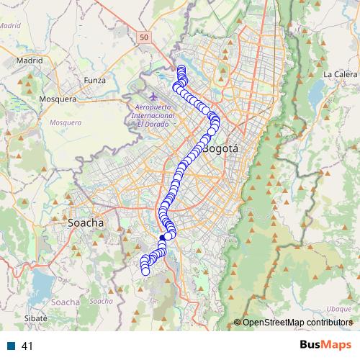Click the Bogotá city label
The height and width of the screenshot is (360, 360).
click(x=220, y=150)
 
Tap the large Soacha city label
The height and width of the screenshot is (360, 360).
click(x=85, y=223)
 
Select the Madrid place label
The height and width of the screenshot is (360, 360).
click(x=30, y=61)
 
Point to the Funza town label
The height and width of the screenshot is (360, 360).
click(x=94, y=80)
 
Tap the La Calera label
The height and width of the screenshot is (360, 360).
click(x=338, y=74)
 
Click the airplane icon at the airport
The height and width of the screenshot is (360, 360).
click(x=152, y=96)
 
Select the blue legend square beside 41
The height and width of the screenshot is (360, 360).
click(x=12, y=346)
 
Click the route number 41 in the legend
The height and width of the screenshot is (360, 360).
click(x=28, y=346)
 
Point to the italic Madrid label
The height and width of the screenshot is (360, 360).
click(x=10, y=25)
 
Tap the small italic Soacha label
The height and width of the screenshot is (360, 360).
click(x=102, y=301)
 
